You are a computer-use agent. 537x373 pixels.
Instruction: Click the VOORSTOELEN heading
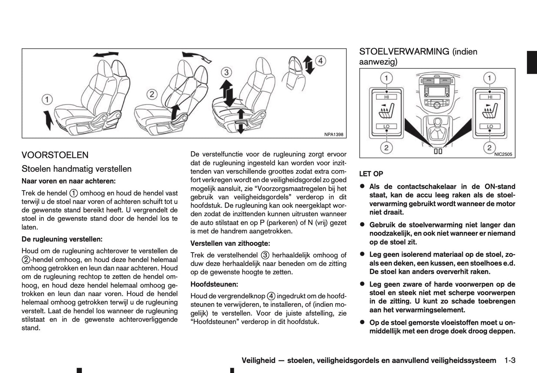coord(55,155)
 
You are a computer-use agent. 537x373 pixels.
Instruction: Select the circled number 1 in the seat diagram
coord(47,99)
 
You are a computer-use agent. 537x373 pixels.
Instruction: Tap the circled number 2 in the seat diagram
coord(151,94)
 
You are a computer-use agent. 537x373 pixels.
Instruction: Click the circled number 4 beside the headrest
coord(320,60)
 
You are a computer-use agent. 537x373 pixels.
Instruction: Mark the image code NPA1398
coord(334,134)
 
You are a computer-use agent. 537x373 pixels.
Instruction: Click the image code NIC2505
coord(503,154)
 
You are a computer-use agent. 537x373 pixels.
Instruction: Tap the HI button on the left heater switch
coord(386,97)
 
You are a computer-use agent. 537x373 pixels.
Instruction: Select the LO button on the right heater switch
coord(490,127)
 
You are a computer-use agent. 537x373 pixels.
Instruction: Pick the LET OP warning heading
coord(371,174)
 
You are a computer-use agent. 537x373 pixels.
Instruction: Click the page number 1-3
coord(509,360)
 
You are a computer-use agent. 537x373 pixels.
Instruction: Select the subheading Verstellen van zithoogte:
coord(230,243)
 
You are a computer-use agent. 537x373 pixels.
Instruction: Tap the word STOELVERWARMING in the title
coord(404,52)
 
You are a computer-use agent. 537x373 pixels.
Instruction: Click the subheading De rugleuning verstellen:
coord(62,239)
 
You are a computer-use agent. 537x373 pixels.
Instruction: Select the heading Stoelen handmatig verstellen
coord(77,169)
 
